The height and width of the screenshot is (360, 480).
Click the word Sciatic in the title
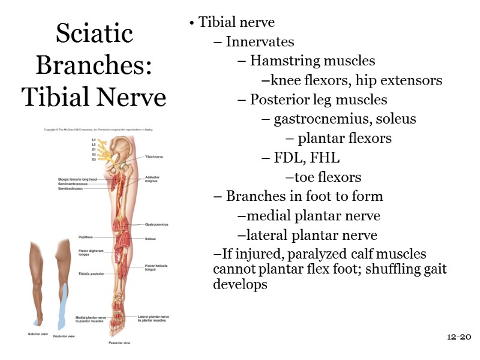point(94,34)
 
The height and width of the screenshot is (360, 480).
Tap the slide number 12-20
point(459,337)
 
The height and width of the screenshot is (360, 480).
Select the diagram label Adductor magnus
point(152,180)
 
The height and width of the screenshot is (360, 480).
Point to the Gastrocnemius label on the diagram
point(157,224)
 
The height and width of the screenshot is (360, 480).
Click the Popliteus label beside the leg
point(85,237)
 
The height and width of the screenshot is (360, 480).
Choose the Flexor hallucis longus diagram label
point(154,267)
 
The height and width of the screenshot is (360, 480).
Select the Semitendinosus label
point(71,188)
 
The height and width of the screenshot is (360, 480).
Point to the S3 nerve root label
point(94,160)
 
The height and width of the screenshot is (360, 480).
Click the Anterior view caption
point(38,334)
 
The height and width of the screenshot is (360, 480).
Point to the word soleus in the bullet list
point(395,119)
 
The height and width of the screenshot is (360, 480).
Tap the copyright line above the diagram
point(98,130)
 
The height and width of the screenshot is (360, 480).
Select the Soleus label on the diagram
point(150,238)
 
